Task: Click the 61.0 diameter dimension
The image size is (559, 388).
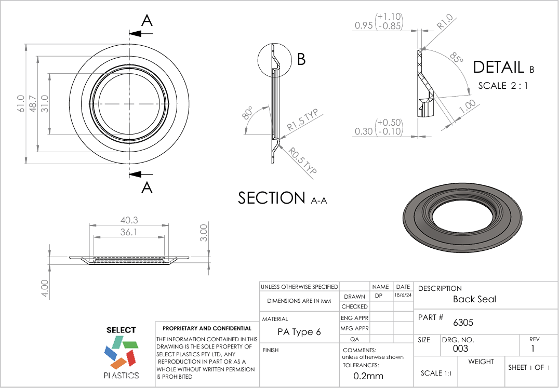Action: point(21,103)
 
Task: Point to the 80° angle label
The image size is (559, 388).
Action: point(248,113)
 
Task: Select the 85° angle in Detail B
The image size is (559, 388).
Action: point(456,58)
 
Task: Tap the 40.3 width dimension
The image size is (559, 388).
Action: point(129,220)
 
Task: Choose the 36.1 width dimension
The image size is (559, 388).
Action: point(129,232)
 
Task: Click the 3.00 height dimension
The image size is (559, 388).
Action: point(204,232)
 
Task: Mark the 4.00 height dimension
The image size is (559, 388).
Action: point(45,289)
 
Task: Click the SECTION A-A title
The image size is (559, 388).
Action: point(282,198)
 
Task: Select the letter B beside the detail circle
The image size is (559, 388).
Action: point(301,59)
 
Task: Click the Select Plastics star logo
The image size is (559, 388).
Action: point(121,352)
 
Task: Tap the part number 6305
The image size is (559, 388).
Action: point(463,323)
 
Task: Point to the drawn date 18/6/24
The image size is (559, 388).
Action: point(403,295)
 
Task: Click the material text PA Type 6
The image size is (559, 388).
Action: point(299,332)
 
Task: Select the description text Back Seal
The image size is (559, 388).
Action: point(474,299)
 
